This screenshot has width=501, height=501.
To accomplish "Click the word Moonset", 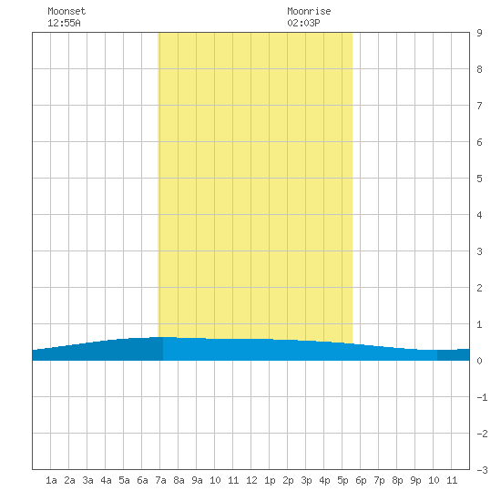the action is tap(66, 11).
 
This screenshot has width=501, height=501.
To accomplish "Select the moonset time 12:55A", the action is tap(64, 23).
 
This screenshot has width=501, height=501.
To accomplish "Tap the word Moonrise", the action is tap(309, 11).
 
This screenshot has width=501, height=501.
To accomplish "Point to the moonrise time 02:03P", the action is tap(303, 23).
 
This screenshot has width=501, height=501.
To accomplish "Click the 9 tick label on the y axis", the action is tap(479, 33).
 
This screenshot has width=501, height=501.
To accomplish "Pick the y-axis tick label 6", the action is tap(479, 142).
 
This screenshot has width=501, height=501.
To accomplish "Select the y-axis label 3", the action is tap(479, 251).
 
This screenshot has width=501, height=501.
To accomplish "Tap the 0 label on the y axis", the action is tap(479, 361).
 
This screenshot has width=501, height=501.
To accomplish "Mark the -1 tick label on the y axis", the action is tap(482, 397).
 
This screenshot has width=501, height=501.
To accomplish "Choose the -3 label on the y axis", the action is tap(482, 470).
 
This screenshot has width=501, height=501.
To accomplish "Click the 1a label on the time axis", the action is tap(51, 480).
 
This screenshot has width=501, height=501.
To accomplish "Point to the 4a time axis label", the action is tap(106, 480).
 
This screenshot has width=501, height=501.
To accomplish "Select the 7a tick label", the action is tap(160, 480).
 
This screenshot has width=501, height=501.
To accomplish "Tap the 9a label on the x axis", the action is tap(197, 480).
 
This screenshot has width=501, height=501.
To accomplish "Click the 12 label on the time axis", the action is tap(251, 480).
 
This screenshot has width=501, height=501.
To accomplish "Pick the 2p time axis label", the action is tap(288, 480).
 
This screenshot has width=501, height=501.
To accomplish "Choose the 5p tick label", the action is tap(343, 480).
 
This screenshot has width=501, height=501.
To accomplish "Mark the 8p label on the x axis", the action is tap(397, 480).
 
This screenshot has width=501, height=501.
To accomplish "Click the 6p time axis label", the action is tap(361, 480).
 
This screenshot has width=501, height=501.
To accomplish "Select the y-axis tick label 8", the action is tap(479, 69).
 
